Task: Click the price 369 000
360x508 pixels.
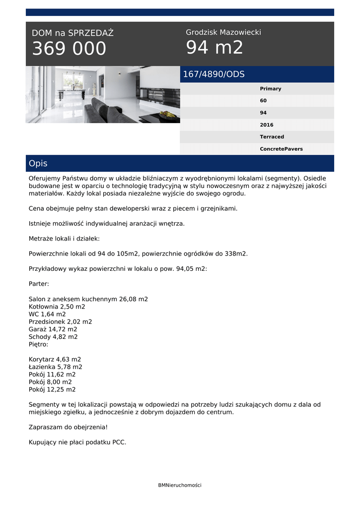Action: (69, 49)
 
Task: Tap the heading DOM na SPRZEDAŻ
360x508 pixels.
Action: (72, 33)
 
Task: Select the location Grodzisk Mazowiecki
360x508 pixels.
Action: (223, 32)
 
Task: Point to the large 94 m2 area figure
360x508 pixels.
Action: (215, 48)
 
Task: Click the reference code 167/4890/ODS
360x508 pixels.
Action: (214, 74)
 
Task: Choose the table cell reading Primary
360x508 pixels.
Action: (270, 89)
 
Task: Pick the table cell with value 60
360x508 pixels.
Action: (263, 101)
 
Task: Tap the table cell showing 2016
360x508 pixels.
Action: (266, 125)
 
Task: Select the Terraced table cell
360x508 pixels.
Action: (272, 137)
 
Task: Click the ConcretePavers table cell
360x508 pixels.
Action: (281, 149)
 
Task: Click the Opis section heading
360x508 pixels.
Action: (38, 163)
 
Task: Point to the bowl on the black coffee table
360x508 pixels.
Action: (168, 115)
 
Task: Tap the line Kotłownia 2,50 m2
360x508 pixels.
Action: (57, 307)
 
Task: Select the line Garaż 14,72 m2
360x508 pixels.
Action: (53, 329)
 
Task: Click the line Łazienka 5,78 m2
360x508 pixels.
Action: (55, 367)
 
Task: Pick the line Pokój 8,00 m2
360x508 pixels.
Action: (50, 382)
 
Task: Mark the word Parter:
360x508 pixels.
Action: (39, 284)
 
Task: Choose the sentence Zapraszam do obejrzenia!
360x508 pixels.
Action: (68, 427)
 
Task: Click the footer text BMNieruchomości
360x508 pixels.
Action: (180, 485)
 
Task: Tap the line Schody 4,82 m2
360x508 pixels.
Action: (53, 337)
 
